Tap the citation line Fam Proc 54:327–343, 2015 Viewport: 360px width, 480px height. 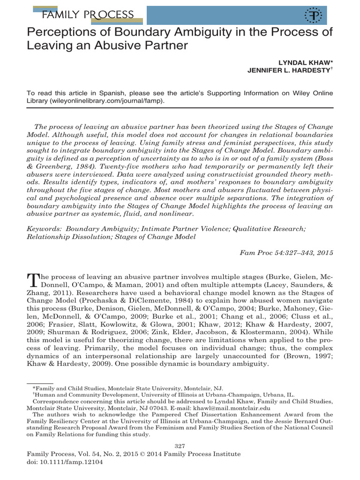[x=286, y=253]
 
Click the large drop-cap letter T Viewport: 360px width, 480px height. [x=33, y=280]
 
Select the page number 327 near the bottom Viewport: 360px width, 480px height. [x=180, y=445]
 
